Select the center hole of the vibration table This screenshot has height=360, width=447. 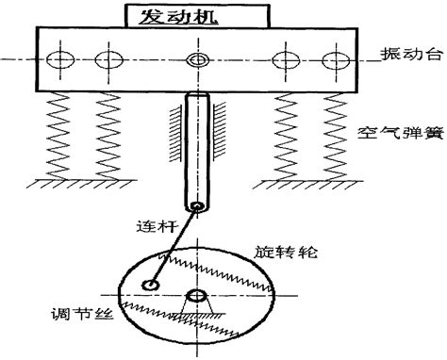click(197, 61)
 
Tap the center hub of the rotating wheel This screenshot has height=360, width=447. click(197, 298)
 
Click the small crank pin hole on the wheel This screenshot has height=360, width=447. click(149, 285)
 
